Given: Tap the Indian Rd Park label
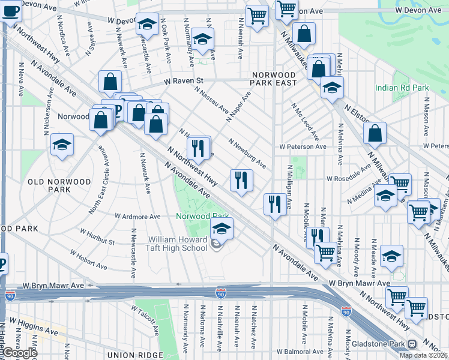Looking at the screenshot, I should click(402, 88).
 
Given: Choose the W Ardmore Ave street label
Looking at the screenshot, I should click(138, 216).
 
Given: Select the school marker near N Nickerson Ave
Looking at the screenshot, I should click(62, 145).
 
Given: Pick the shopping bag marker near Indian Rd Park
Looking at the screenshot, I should click(375, 135).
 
